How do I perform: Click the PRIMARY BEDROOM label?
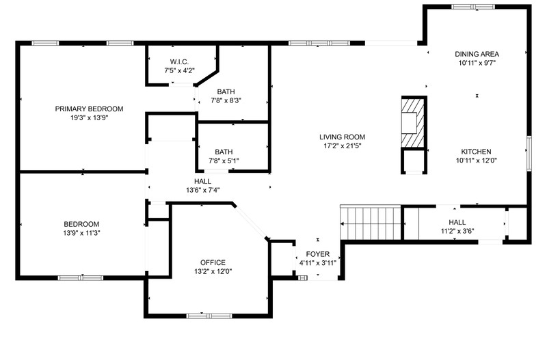point(89,109)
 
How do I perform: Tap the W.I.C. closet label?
point(179,61)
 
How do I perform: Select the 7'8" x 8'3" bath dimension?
point(226,100)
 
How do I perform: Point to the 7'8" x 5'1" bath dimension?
point(224,161)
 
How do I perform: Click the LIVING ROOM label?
point(343,137)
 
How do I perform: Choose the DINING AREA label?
point(477,54)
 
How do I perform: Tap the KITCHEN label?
point(476,152)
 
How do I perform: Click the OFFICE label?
point(213,262)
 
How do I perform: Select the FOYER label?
point(318,254)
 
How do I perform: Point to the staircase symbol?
point(371,223)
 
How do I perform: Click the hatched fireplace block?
point(414,123)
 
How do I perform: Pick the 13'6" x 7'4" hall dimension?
point(202,190)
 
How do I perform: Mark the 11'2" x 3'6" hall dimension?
point(457,231)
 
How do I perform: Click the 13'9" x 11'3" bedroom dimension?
point(81,233)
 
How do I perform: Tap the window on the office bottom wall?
point(209,316)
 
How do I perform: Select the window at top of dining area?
point(473,7)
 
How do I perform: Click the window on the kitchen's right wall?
point(529,154)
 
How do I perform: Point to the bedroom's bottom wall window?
point(81,278)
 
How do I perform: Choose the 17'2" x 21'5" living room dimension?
point(343,145)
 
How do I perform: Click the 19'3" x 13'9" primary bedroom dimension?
point(90,117)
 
